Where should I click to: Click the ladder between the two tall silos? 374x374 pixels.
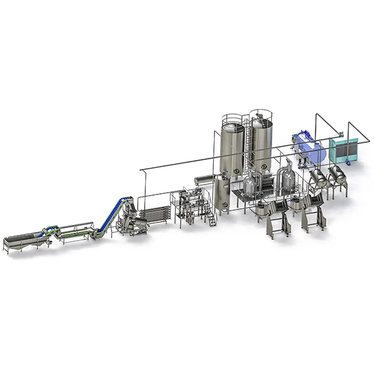point(247,150)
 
